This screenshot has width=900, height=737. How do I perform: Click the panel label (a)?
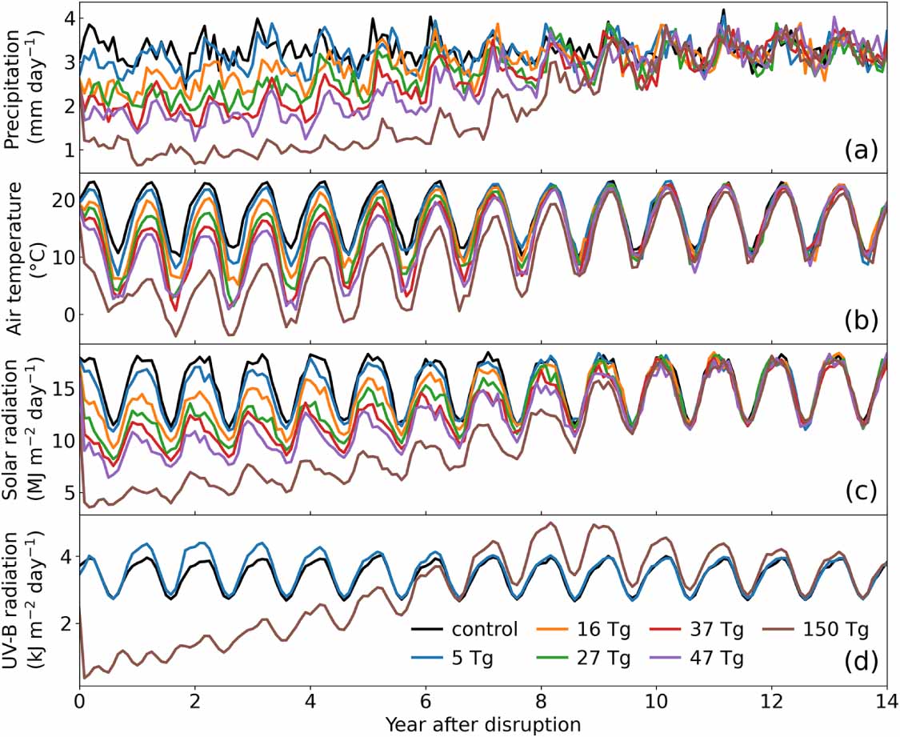tap(861, 150)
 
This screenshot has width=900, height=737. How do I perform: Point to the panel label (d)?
tap(861, 661)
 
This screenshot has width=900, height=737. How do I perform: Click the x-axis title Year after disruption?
tap(482, 724)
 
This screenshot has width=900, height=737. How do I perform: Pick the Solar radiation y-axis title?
tap(21, 429)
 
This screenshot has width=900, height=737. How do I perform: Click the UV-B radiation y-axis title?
tap(21, 600)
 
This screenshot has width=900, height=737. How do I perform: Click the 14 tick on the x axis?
tap(886, 704)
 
